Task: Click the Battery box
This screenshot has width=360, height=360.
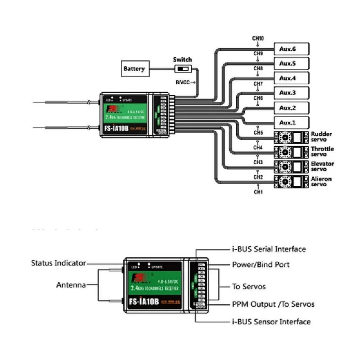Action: point(134,69)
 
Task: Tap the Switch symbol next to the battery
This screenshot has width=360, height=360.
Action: point(182,69)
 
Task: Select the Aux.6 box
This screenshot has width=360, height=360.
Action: point(291,49)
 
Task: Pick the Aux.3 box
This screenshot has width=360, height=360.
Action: point(291,93)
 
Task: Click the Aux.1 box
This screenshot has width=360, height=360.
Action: point(291,122)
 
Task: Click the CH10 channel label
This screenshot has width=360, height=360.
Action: point(258,39)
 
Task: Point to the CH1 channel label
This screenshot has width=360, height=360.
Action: point(258,192)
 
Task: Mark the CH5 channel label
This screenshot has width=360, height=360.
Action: point(258,133)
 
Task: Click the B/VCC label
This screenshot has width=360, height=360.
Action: point(183,82)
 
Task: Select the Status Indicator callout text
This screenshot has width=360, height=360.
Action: point(58,263)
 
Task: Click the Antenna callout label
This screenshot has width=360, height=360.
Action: point(71,285)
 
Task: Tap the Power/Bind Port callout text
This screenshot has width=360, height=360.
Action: point(261,265)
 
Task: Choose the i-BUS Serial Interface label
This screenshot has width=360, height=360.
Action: point(269,249)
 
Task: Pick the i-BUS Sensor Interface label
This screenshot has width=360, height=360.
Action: point(271,321)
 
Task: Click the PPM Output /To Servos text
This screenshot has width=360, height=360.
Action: point(273,304)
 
